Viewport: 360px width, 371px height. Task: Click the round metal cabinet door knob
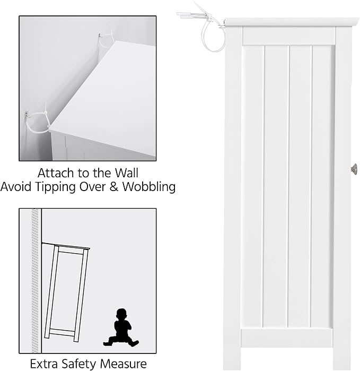click(354, 169)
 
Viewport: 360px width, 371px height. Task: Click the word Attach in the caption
click(56, 173)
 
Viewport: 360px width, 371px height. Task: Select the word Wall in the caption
click(127, 173)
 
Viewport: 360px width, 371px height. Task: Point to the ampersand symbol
click(114, 187)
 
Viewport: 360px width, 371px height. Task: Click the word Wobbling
click(149, 187)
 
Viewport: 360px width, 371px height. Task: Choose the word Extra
click(44, 364)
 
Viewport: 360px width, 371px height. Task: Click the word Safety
click(78, 364)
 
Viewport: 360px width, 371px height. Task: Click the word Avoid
click(16, 187)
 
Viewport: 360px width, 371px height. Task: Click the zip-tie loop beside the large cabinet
click(213, 35)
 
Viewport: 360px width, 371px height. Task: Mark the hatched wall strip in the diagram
click(35, 280)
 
